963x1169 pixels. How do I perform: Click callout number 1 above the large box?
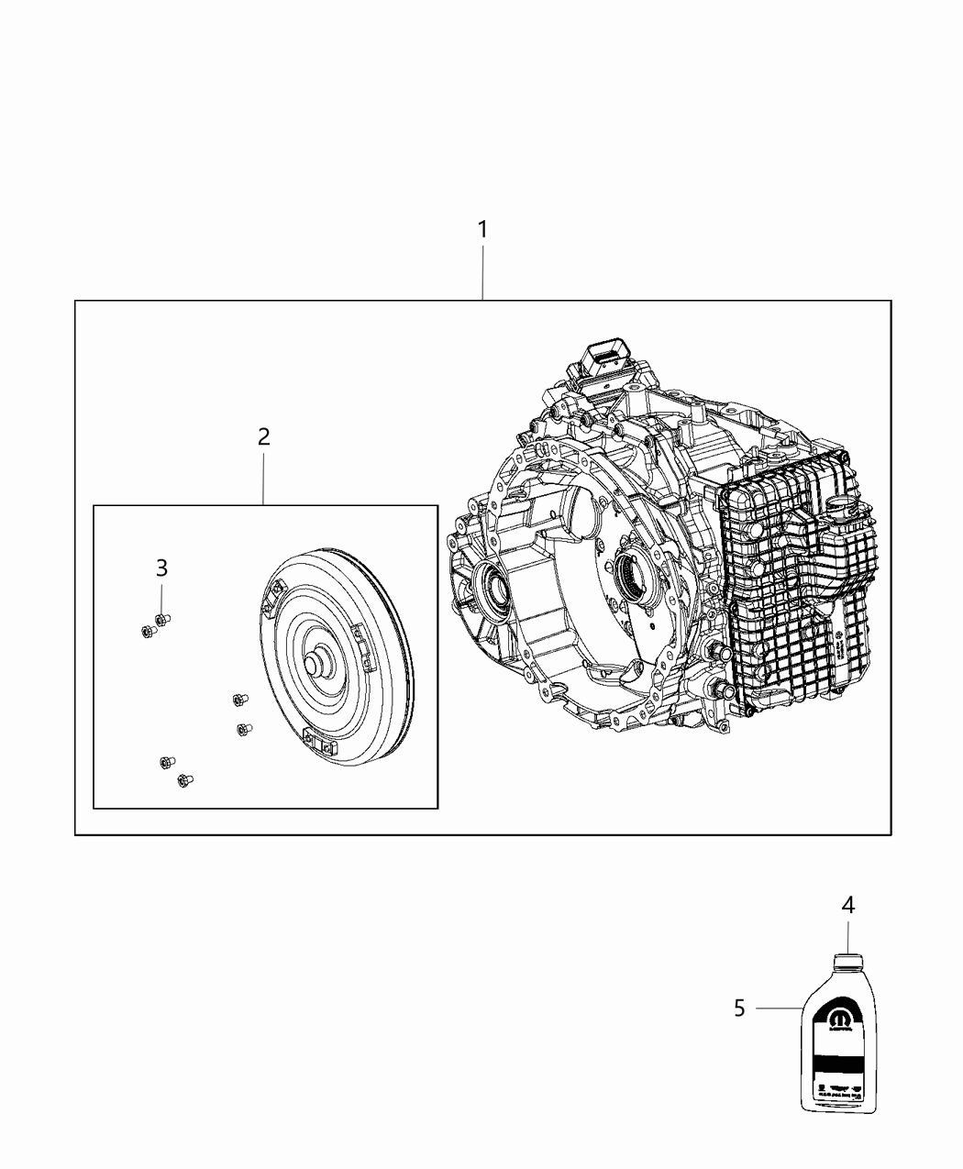(482, 229)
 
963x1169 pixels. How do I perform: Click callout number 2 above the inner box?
(264, 436)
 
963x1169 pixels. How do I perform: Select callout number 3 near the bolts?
(161, 568)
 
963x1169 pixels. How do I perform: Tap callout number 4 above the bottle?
(848, 905)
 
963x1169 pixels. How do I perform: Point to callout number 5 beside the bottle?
(739, 1009)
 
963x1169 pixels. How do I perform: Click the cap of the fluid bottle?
(847, 962)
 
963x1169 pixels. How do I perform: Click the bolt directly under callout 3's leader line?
(162, 621)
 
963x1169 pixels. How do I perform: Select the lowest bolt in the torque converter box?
(183, 780)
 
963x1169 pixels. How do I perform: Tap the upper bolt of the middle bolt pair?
(238, 700)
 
